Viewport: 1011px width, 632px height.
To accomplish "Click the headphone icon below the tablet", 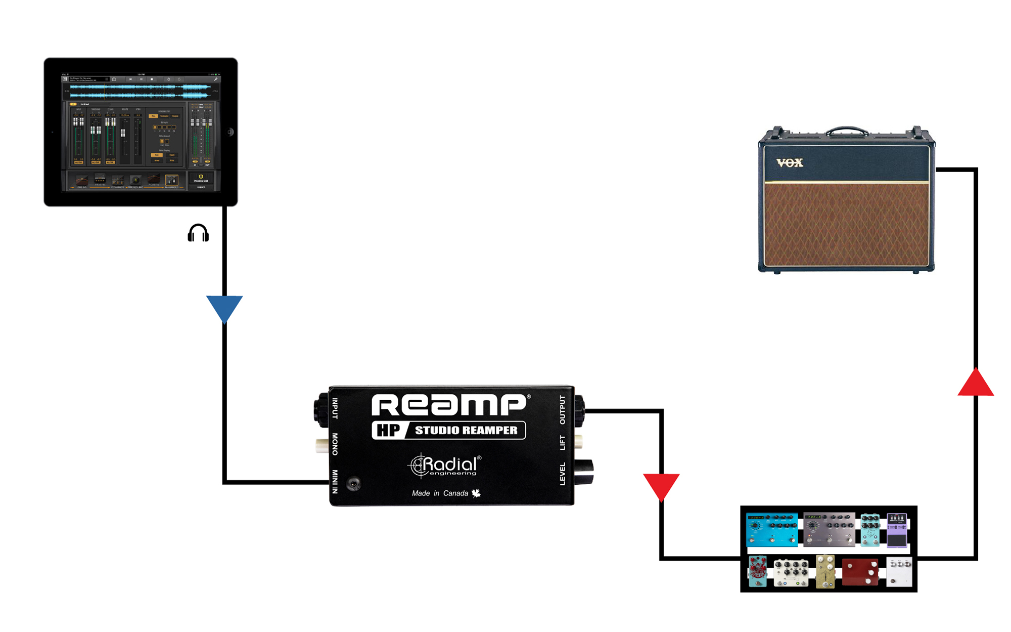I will (198, 233).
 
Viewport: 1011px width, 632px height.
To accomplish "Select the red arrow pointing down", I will (661, 485).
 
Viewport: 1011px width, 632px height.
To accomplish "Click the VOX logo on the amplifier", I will (790, 162).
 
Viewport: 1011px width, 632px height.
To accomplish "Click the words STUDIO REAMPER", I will (466, 431).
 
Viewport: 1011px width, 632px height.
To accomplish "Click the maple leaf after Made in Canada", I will (476, 493).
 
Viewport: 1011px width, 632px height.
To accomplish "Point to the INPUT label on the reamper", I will (335, 408).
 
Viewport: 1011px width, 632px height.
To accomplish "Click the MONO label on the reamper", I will (335, 444).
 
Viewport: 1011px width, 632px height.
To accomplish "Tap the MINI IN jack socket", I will (353, 484).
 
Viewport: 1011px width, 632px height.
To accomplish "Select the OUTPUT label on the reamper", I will (562, 410).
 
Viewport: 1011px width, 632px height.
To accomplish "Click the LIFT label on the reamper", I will (562, 443).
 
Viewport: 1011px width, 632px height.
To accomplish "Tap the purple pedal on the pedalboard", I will (897, 530).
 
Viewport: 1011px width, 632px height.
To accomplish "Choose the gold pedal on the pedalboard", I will (825, 572).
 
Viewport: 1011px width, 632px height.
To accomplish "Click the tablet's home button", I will (230, 132).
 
